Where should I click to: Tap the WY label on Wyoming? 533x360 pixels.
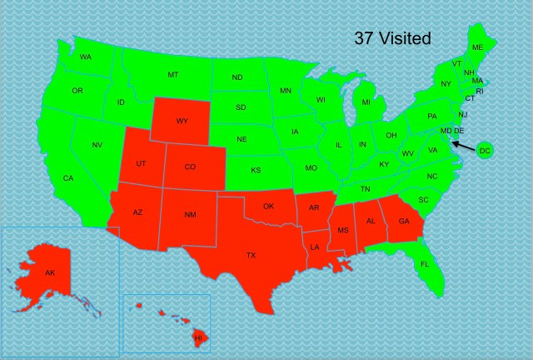click(x=182, y=121)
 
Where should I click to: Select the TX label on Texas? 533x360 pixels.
click(x=251, y=255)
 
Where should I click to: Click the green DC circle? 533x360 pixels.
click(x=485, y=150)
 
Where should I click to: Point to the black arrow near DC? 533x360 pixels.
click(x=465, y=146)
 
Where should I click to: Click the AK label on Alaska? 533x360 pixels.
click(x=50, y=272)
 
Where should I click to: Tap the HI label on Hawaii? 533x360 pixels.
click(x=198, y=338)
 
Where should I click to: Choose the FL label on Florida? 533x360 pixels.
click(x=425, y=264)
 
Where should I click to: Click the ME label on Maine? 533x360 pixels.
click(x=477, y=47)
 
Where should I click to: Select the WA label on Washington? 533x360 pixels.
click(x=86, y=57)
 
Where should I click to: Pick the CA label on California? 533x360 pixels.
click(x=68, y=178)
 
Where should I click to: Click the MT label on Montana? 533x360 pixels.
click(x=172, y=75)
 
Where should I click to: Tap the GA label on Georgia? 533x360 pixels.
click(x=404, y=221)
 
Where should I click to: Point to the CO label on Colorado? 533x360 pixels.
click(x=190, y=167)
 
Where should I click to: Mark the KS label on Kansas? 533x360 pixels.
click(x=257, y=170)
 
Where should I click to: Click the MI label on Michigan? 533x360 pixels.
click(x=366, y=102)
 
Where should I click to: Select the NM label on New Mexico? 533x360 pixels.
click(x=190, y=215)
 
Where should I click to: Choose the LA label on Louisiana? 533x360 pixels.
click(x=315, y=247)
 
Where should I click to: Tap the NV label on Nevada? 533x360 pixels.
click(x=97, y=145)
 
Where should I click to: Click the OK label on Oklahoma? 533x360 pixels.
click(x=268, y=206)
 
